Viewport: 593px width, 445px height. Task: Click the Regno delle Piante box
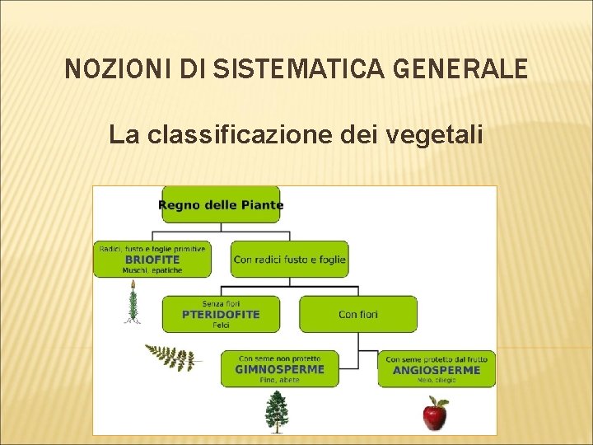point(221,204)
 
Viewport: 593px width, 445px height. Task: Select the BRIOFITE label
point(152,259)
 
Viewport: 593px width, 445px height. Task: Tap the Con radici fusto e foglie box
point(290,259)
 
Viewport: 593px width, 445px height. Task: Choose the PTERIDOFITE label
point(221,314)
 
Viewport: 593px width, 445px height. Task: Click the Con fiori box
point(358,314)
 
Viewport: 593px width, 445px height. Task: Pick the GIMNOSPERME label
point(279,369)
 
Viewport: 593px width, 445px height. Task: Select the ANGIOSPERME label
point(437,370)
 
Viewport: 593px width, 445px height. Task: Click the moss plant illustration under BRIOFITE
point(132,302)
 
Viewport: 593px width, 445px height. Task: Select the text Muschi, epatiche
point(152,270)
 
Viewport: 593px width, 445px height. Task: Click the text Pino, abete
point(279,380)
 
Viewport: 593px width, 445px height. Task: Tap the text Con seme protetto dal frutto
point(437,358)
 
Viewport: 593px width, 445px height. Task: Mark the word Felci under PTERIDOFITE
point(221,326)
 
